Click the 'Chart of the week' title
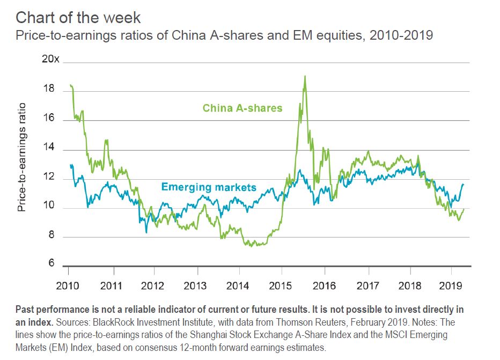click(x=78, y=17)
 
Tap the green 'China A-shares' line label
click(x=242, y=108)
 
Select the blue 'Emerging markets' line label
click(x=209, y=188)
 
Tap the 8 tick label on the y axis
click(x=50, y=235)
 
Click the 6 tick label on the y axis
click(x=50, y=263)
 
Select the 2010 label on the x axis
click(x=68, y=284)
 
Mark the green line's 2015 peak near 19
click(x=305, y=76)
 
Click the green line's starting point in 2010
click(x=70, y=85)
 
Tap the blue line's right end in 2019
click(x=464, y=185)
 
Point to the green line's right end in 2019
click(x=464, y=209)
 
